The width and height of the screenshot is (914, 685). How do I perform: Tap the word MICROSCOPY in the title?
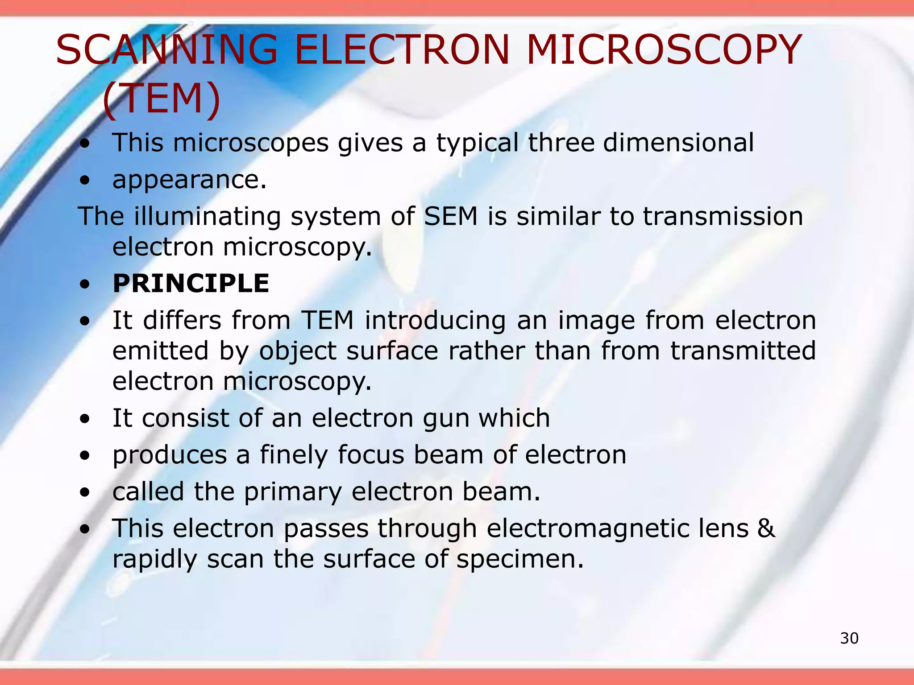pyautogui.click(x=664, y=50)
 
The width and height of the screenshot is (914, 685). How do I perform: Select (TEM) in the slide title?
pyautogui.click(x=162, y=99)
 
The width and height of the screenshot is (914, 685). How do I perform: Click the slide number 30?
pyautogui.click(x=849, y=639)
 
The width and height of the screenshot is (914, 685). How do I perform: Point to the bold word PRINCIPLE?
pyautogui.click(x=191, y=284)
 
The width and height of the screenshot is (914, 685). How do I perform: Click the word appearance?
pyautogui.click(x=189, y=180)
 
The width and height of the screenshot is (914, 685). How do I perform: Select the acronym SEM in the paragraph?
pyautogui.click(x=450, y=216)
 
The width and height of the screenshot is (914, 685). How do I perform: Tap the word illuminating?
pyautogui.click(x=207, y=217)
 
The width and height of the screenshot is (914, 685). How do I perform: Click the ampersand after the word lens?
pyautogui.click(x=766, y=528)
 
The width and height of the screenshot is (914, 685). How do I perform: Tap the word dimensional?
pyautogui.click(x=678, y=143)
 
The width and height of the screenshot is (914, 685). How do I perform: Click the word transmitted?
pyautogui.click(x=743, y=351)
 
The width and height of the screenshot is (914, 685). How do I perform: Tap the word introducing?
pyautogui.click(x=435, y=321)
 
